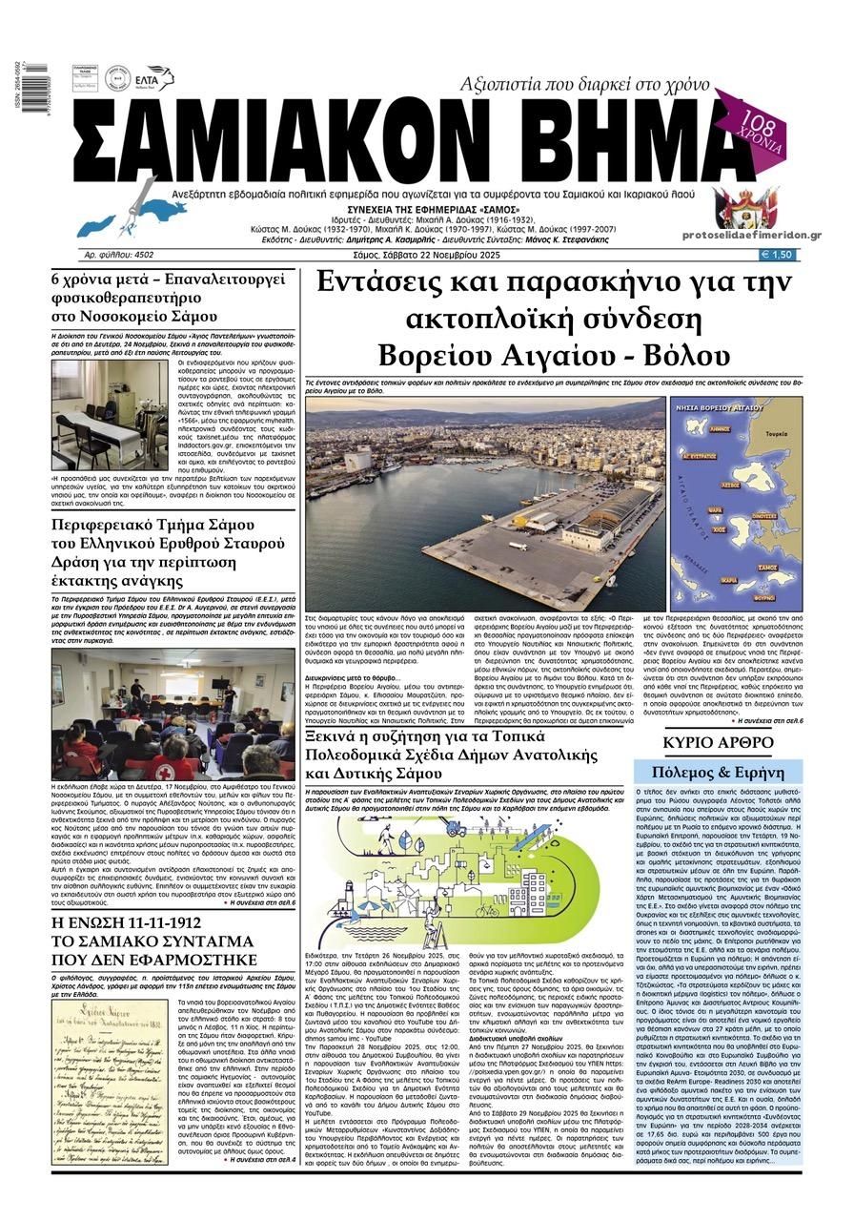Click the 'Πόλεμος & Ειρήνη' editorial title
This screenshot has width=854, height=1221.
tap(719, 773)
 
